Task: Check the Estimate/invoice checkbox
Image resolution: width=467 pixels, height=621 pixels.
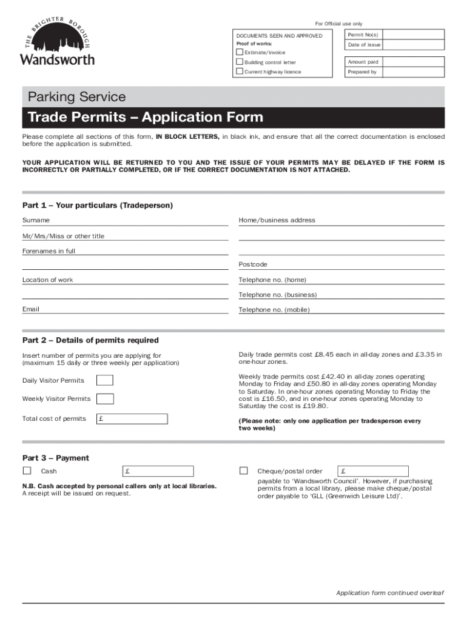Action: pyautogui.click(x=240, y=52)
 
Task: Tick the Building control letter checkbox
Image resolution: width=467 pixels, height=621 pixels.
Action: pyautogui.click(x=240, y=62)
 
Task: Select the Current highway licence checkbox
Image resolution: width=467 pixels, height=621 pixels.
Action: pyautogui.click(x=240, y=72)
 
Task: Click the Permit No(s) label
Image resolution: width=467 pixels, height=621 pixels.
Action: pyautogui.click(x=363, y=35)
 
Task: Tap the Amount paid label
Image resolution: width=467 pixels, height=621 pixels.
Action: pyautogui.click(x=363, y=62)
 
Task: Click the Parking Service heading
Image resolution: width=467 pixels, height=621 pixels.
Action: pyautogui.click(x=74, y=97)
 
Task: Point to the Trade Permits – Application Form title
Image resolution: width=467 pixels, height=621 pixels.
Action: pyautogui.click(x=143, y=117)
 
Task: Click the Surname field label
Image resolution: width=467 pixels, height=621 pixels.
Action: pyautogui.click(x=36, y=220)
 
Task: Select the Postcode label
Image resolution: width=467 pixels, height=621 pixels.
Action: pyautogui.click(x=253, y=264)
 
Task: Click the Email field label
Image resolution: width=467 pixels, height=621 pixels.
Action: pyautogui.click(x=31, y=309)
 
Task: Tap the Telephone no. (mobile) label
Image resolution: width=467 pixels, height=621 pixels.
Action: pyautogui.click(x=274, y=310)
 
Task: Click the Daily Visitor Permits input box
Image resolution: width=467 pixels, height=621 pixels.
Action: pyautogui.click(x=105, y=381)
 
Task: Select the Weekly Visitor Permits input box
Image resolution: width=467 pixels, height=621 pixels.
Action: pyautogui.click(x=105, y=399)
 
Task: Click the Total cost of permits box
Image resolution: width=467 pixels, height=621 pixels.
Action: pyautogui.click(x=132, y=418)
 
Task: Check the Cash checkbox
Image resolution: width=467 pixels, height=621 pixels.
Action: pyautogui.click(x=27, y=471)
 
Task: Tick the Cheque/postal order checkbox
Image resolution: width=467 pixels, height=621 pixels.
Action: pyautogui.click(x=244, y=471)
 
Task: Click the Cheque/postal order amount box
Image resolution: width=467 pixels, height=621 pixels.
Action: pyautogui.click(x=374, y=471)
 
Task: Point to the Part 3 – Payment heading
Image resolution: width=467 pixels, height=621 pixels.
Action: pyautogui.click(x=56, y=458)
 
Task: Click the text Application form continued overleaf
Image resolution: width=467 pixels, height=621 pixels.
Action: pyautogui.click(x=390, y=592)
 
